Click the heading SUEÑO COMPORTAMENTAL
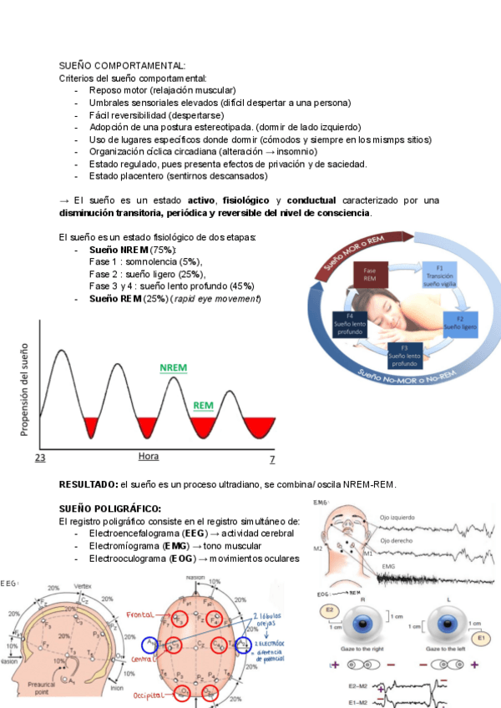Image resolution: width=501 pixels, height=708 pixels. pos(122,64)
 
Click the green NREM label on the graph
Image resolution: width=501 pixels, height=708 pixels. pos(175,368)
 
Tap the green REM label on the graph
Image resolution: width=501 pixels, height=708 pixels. pos(204,406)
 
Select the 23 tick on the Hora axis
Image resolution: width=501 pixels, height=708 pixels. pos(39,458)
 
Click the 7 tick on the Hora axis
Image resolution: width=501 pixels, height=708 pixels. pos(271,459)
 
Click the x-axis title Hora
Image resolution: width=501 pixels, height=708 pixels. pos(148,457)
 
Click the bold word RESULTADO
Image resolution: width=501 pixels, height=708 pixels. pos(88,484)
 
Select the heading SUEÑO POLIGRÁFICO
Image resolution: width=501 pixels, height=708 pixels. pos(110,508)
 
